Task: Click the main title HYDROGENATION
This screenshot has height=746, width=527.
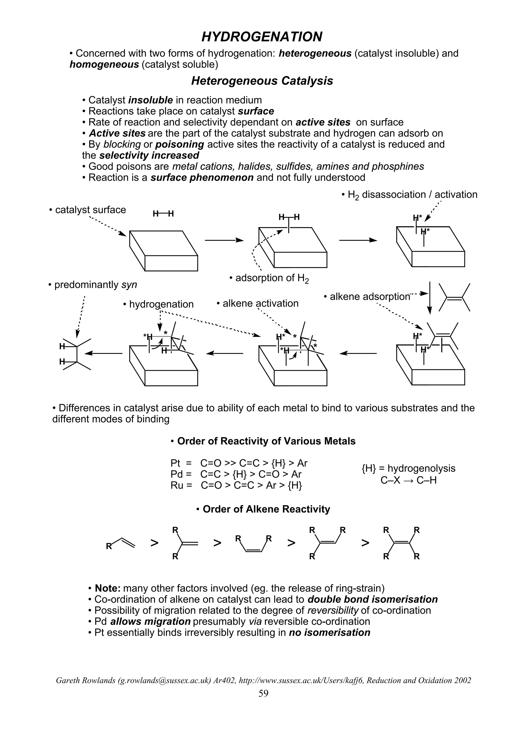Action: point(262,37)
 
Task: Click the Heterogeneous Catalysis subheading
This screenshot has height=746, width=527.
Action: point(262,81)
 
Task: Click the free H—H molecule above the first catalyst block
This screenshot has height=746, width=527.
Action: point(163,214)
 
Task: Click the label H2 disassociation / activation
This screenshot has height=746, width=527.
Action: point(409,195)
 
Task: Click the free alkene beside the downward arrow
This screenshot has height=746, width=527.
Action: point(454,297)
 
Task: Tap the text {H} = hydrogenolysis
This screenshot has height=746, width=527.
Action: point(408,469)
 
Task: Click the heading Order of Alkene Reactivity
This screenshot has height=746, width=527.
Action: point(263,509)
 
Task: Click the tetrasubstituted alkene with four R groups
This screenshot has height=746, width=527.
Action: point(401,543)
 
